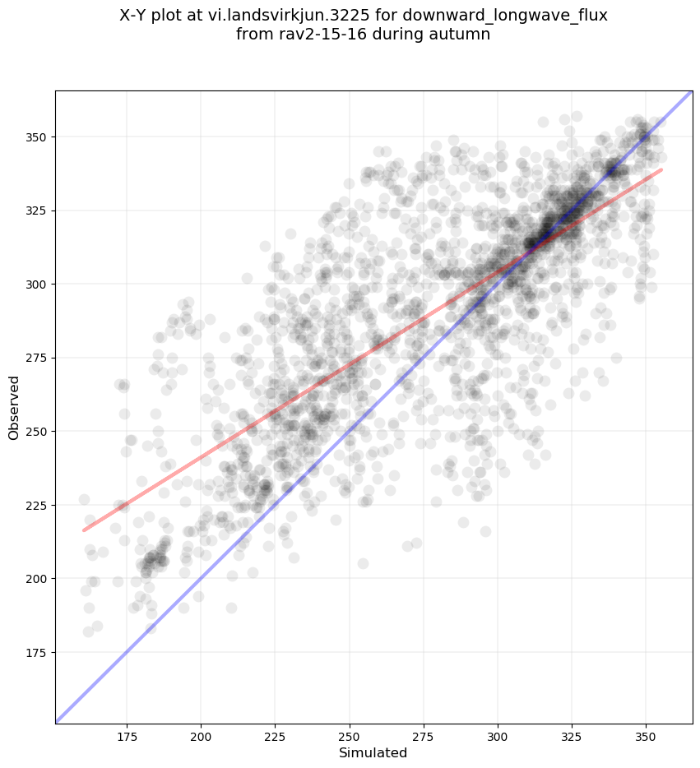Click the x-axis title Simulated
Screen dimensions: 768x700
pos(373,752)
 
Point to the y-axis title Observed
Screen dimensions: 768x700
pos(14,408)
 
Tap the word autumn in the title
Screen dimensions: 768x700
pos(461,35)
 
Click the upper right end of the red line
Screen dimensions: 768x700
pos(661,170)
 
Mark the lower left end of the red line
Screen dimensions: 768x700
pos(84,530)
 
